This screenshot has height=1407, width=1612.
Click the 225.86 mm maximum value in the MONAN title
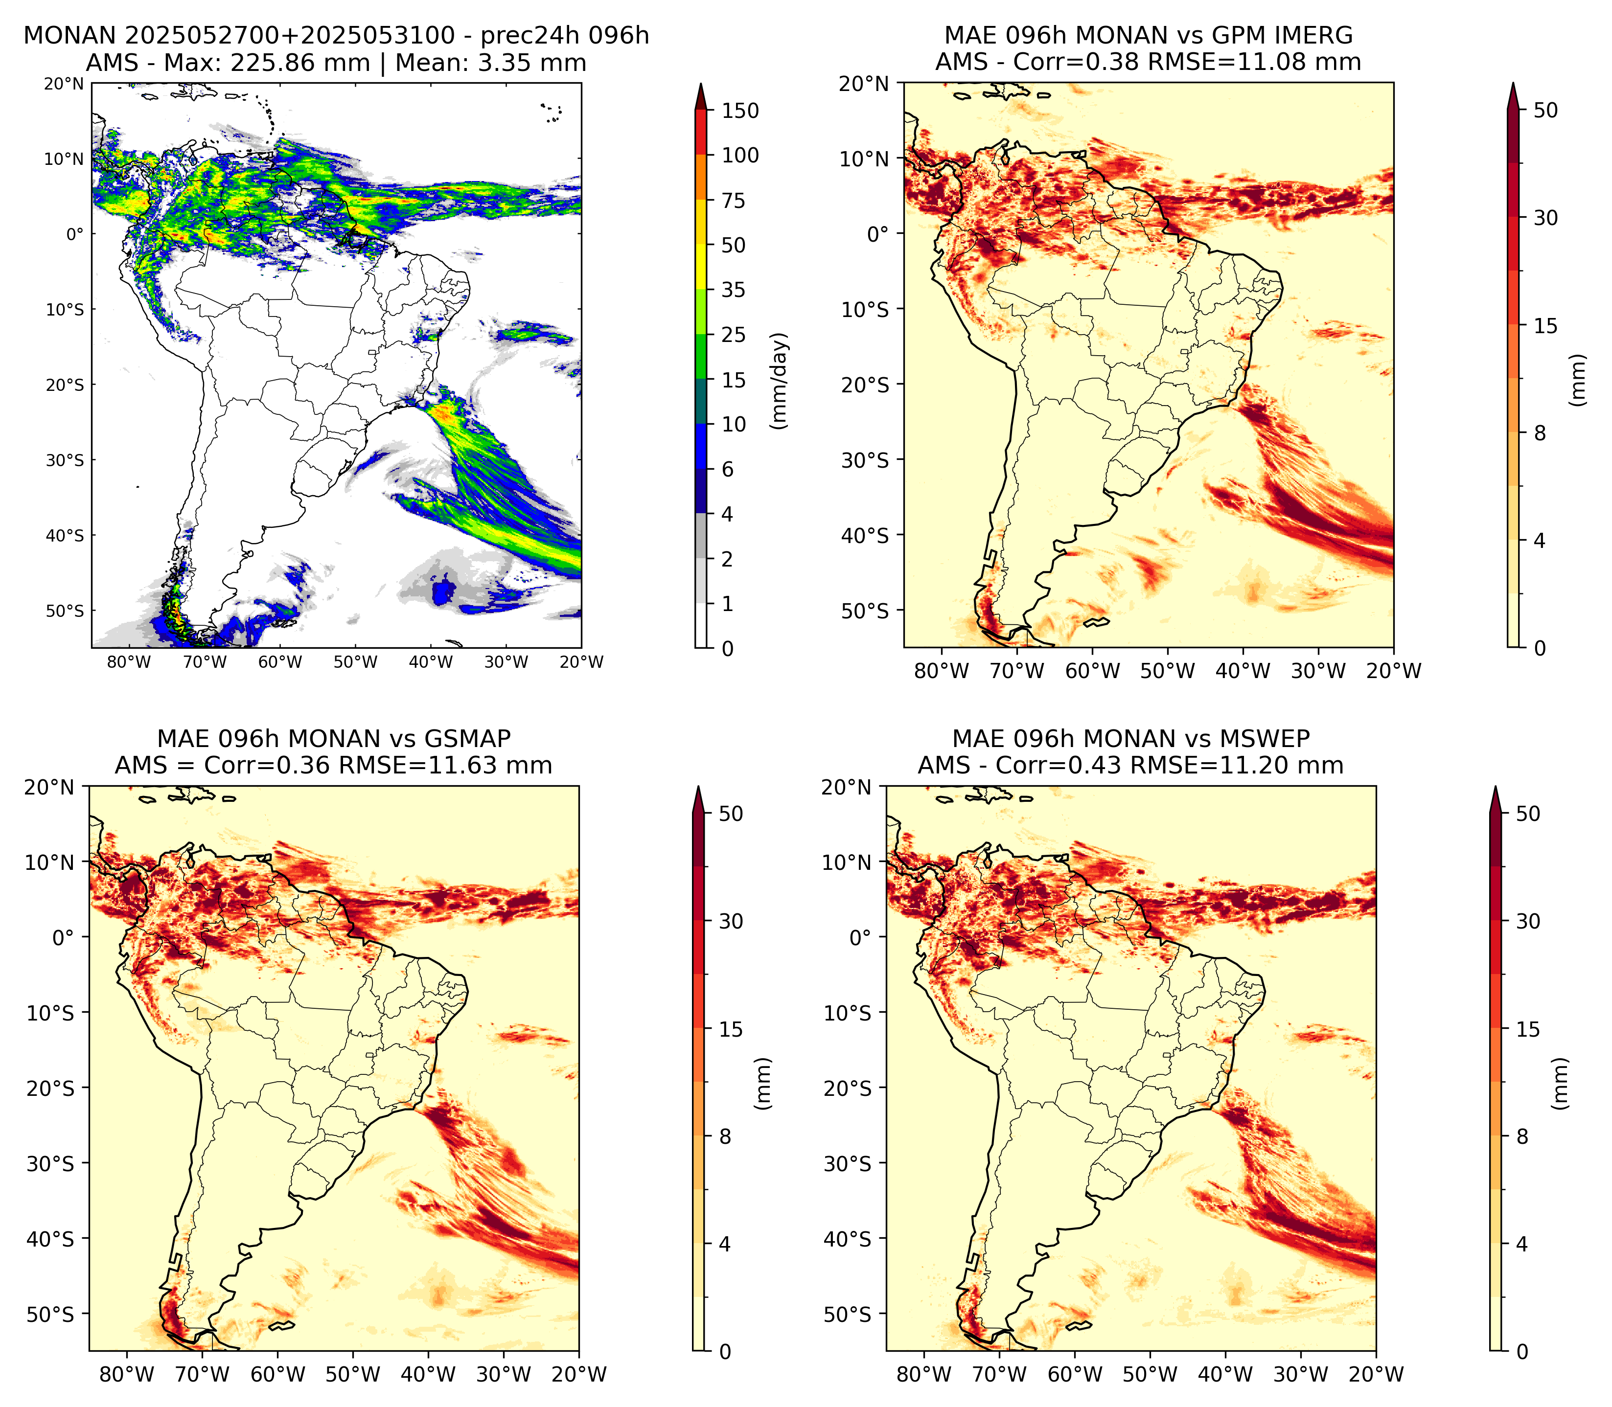tap(299, 63)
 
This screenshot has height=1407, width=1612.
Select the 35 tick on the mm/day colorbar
tap(734, 290)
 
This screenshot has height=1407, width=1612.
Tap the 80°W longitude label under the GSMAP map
tap(127, 1375)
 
